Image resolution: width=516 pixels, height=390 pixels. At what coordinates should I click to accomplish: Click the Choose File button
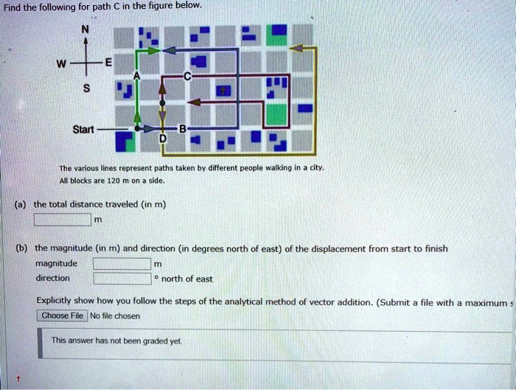[x=62, y=316]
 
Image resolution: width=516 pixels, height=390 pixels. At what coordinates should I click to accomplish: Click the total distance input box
[x=63, y=218]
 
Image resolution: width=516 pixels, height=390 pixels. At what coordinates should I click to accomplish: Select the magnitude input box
[x=122, y=263]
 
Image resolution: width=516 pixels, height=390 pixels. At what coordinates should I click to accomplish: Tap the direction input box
[x=122, y=278]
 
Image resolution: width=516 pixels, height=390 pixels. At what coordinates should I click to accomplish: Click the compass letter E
[x=109, y=63]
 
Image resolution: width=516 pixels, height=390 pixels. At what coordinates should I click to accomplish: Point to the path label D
[x=163, y=139]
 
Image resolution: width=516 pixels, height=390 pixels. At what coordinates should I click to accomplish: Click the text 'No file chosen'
[x=115, y=316]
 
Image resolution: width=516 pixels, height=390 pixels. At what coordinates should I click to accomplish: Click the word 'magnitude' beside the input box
[x=56, y=263]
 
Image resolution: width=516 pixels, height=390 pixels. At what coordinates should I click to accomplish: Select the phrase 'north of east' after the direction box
[x=186, y=278]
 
